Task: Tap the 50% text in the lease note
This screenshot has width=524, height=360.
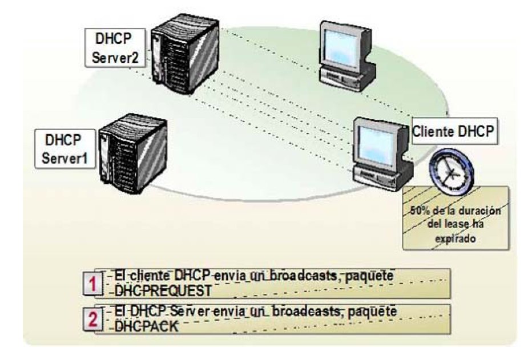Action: pyautogui.click(x=420, y=211)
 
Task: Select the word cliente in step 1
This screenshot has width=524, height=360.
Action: pyautogui.click(x=148, y=276)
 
